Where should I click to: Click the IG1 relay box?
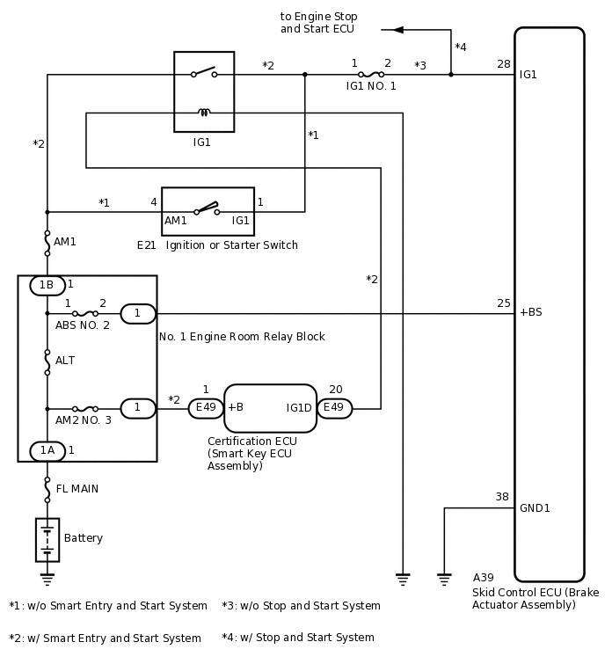point(204,91)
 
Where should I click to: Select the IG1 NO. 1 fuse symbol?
point(370,75)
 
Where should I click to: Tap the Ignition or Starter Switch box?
point(208,211)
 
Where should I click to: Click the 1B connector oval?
point(47,285)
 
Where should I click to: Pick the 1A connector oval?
point(47,450)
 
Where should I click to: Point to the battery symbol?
point(47,539)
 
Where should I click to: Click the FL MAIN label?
point(78,489)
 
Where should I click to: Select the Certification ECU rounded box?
point(270,408)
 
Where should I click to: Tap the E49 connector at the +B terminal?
point(206,408)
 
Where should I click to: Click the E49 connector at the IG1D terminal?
point(335,408)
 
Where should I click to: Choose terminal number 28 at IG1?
point(503,63)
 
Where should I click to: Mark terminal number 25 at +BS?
point(503,303)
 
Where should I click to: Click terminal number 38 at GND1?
point(502,497)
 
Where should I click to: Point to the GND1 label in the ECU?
point(535,508)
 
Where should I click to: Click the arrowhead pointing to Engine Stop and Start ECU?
point(398,30)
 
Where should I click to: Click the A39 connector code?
point(483,578)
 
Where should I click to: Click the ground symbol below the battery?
point(47,579)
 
